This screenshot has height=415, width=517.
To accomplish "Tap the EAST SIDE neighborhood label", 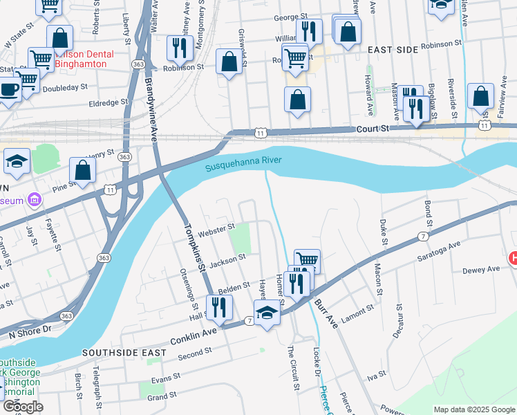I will [x=393, y=50].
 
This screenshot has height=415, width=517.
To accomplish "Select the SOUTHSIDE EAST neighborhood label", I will [x=124, y=353].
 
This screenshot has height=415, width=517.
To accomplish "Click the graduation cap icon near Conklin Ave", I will [x=266, y=312].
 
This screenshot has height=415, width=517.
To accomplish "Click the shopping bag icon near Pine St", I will [x=82, y=170].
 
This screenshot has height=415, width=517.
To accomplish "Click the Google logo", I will [x=22, y=406].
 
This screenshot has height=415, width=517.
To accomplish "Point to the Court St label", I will [x=373, y=129].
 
